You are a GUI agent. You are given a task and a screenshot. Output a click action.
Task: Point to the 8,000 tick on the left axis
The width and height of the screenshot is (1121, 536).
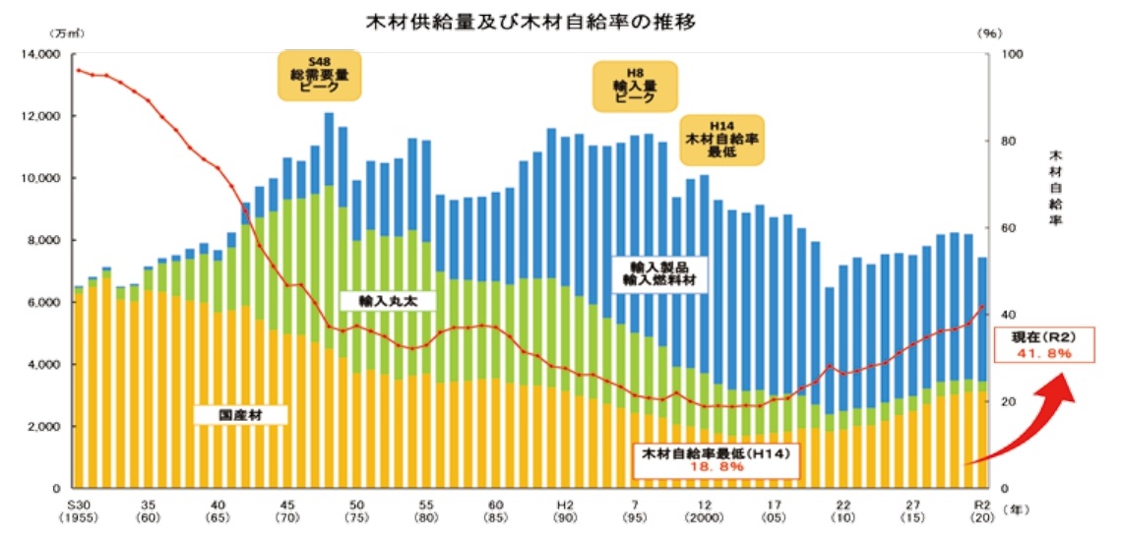tap(42, 241)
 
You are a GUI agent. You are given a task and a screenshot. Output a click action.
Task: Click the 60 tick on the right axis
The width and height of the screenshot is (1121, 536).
tap(1005, 228)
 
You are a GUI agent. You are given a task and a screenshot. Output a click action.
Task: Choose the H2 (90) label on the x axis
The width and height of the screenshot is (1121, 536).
tap(565, 509)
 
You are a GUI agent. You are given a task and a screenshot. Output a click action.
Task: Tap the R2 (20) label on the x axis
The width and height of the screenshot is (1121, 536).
tap(980, 509)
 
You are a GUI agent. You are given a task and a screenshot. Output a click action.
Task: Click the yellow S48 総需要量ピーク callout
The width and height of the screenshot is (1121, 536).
tap(320, 75)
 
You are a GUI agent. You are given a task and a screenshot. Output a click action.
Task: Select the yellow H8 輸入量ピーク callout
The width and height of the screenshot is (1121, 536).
tap(636, 86)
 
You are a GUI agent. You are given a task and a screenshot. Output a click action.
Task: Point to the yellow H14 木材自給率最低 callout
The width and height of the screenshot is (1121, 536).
tap(724, 140)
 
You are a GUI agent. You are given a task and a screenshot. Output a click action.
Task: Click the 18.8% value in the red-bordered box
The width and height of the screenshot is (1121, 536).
tap(717, 467)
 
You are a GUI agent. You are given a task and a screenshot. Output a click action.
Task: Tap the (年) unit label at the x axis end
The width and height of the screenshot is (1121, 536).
tap(1011, 510)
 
